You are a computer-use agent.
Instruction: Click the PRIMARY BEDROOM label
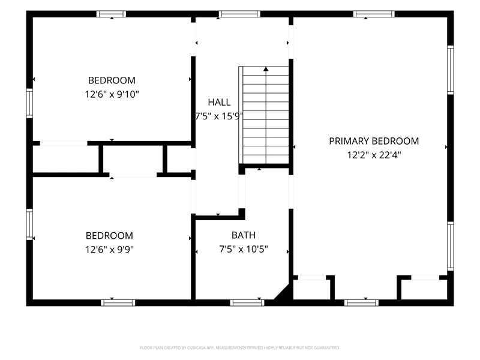(x=374, y=141)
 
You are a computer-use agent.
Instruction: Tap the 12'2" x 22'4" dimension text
(x=374, y=155)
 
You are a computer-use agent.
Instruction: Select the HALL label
(x=219, y=102)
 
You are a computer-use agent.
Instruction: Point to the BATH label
(x=244, y=235)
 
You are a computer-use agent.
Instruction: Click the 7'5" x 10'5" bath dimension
(x=244, y=249)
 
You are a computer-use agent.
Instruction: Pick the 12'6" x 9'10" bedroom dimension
(x=112, y=94)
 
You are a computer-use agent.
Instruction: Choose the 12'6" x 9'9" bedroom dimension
(x=110, y=250)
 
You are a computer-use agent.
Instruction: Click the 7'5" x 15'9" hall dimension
(x=219, y=116)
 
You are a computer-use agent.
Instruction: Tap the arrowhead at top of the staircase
(x=266, y=69)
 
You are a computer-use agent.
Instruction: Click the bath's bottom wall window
(x=247, y=303)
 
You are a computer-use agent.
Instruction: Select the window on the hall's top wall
(x=239, y=14)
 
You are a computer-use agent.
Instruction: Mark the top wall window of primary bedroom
(x=374, y=14)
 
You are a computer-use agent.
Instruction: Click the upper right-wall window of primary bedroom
(x=451, y=70)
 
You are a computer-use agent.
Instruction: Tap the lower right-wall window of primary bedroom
(x=451, y=246)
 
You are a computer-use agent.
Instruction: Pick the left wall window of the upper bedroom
(x=29, y=103)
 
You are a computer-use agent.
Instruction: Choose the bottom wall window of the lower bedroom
(x=118, y=303)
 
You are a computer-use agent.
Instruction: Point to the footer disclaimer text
(x=239, y=348)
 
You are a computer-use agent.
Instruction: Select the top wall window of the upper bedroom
(x=111, y=14)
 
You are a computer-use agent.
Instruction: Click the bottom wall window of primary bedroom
(x=361, y=303)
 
